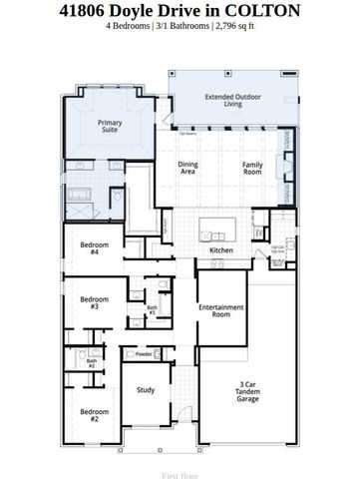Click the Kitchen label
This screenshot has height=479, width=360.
coord(221,249)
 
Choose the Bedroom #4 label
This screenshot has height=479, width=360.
coord(94,249)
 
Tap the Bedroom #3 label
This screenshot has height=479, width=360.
coord(94,302)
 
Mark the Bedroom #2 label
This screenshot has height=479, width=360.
coord(94,415)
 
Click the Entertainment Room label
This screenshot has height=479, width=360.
coord(220,311)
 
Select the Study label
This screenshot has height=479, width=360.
coord(146,390)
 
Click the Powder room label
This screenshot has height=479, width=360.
coord(144,354)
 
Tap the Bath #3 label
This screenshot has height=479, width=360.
coord(153,311)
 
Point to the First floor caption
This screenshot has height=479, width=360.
coord(180,463)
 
